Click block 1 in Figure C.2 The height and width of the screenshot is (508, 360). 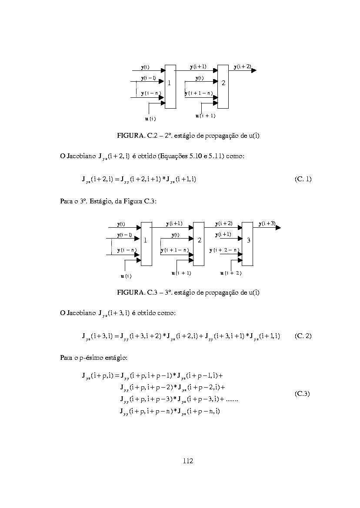pyautogui.click(x=170, y=86)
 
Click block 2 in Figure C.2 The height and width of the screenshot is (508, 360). pyautogui.click(x=223, y=86)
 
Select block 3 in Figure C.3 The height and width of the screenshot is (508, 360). pyautogui.click(x=247, y=244)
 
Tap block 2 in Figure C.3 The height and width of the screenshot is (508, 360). pyautogui.click(x=199, y=244)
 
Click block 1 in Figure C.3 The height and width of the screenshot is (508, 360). pyautogui.click(x=147, y=244)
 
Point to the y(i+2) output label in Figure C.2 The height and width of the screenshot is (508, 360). pyautogui.click(x=242, y=67)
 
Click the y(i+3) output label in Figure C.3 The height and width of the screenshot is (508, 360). pyautogui.click(x=267, y=223)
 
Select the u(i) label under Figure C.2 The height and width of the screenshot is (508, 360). pyautogui.click(x=150, y=119)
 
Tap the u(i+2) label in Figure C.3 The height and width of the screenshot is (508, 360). pyautogui.click(x=231, y=273)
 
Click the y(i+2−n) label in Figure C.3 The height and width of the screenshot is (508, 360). pyautogui.click(x=224, y=250)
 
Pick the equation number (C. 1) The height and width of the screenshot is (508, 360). pyautogui.click(x=303, y=179)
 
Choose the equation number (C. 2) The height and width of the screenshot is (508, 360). pyautogui.click(x=303, y=335)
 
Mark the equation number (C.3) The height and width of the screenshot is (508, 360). pyautogui.click(x=302, y=394)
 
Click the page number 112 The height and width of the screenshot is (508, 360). pyautogui.click(x=188, y=461)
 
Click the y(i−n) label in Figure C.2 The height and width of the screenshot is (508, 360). pyautogui.click(x=151, y=93)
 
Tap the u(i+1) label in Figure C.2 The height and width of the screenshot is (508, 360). pyautogui.click(x=206, y=116)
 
